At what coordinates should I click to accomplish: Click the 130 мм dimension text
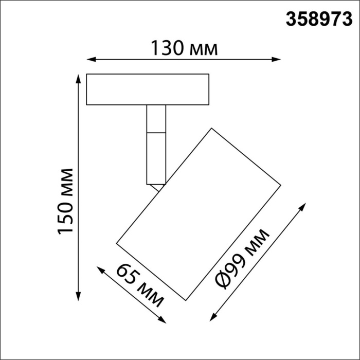pyautogui.click(x=184, y=48)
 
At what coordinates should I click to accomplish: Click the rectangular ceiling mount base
pyautogui.click(x=148, y=89)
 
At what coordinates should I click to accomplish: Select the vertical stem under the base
pyautogui.click(x=156, y=144)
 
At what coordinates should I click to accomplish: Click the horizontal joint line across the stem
pyautogui.click(x=156, y=132)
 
